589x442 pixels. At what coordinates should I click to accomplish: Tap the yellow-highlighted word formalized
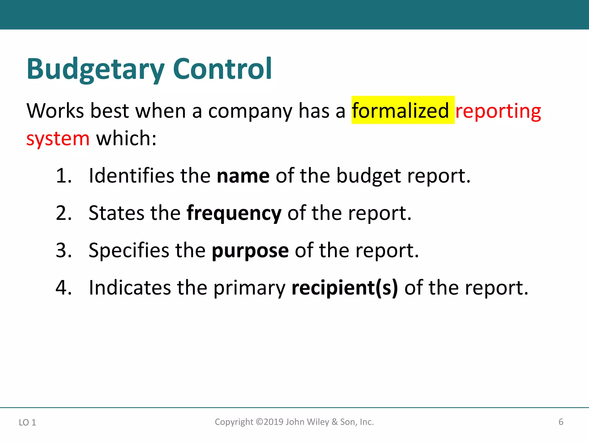point(400,111)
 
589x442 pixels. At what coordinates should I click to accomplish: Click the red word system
point(58,139)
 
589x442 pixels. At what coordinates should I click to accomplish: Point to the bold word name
point(243,176)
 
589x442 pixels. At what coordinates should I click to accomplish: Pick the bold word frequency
point(234,214)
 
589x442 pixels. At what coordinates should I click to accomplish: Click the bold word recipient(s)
point(345,288)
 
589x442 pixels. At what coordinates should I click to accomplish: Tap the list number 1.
point(63,176)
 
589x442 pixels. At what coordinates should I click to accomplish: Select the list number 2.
point(64,213)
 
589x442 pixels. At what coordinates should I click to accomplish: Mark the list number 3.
point(64,250)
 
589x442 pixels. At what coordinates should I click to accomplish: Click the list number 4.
point(64,287)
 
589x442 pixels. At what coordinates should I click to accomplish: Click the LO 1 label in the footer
point(27,422)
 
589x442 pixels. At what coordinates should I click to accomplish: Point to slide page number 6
point(561,422)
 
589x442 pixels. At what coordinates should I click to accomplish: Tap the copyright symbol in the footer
point(259,422)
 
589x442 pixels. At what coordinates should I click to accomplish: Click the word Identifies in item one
point(131,176)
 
